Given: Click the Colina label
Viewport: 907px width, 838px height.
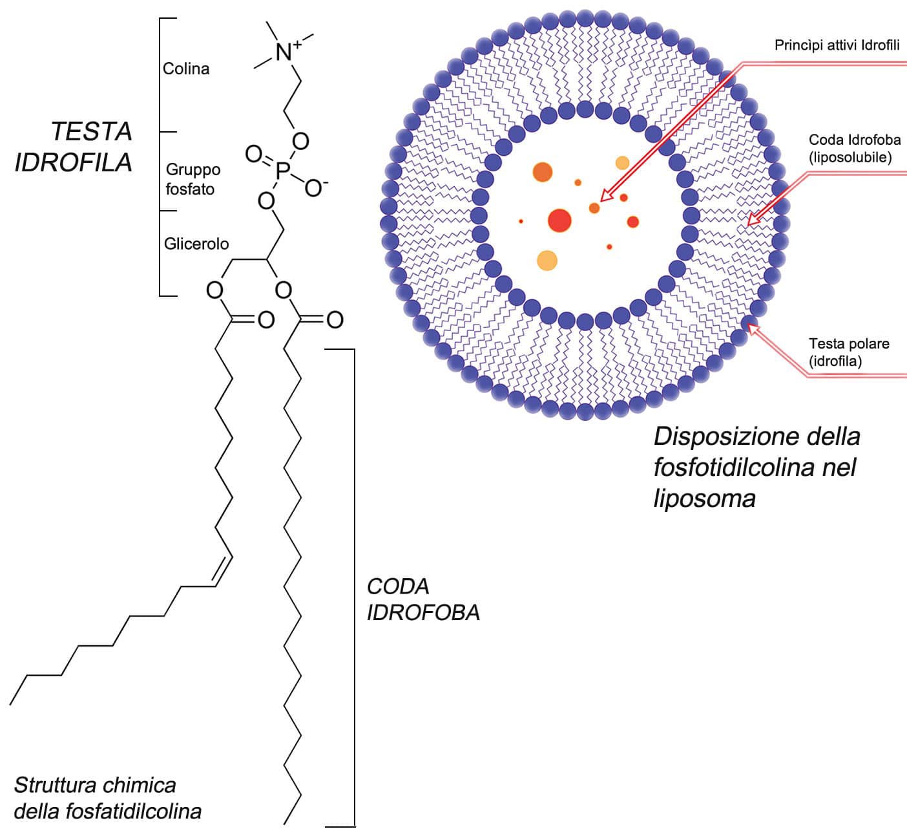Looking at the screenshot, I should pos(186,69).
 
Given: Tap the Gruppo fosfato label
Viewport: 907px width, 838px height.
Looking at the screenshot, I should pos(193,179).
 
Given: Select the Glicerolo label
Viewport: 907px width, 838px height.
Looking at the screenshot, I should pos(196,244).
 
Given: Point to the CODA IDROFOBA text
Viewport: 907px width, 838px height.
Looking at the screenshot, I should pos(423,599).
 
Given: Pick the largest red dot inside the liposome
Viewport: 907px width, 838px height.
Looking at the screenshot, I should pos(559,220).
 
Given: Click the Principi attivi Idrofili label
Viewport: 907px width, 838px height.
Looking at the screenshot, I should pos(837,45).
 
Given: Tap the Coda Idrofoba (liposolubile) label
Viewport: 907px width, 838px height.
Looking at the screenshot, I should pos(854,149).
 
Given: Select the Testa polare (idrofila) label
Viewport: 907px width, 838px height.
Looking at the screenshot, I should pos(848,352).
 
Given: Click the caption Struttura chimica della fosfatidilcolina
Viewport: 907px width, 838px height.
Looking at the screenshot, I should pos(107,798).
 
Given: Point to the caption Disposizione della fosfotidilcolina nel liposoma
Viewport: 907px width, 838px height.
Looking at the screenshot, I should pos(756,467).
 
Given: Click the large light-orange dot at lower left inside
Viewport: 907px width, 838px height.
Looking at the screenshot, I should pos(547,261).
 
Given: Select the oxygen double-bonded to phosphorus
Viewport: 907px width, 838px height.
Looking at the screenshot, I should pos(253,154).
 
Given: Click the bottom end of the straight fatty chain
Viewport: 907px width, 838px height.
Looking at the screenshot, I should pos(285,822).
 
